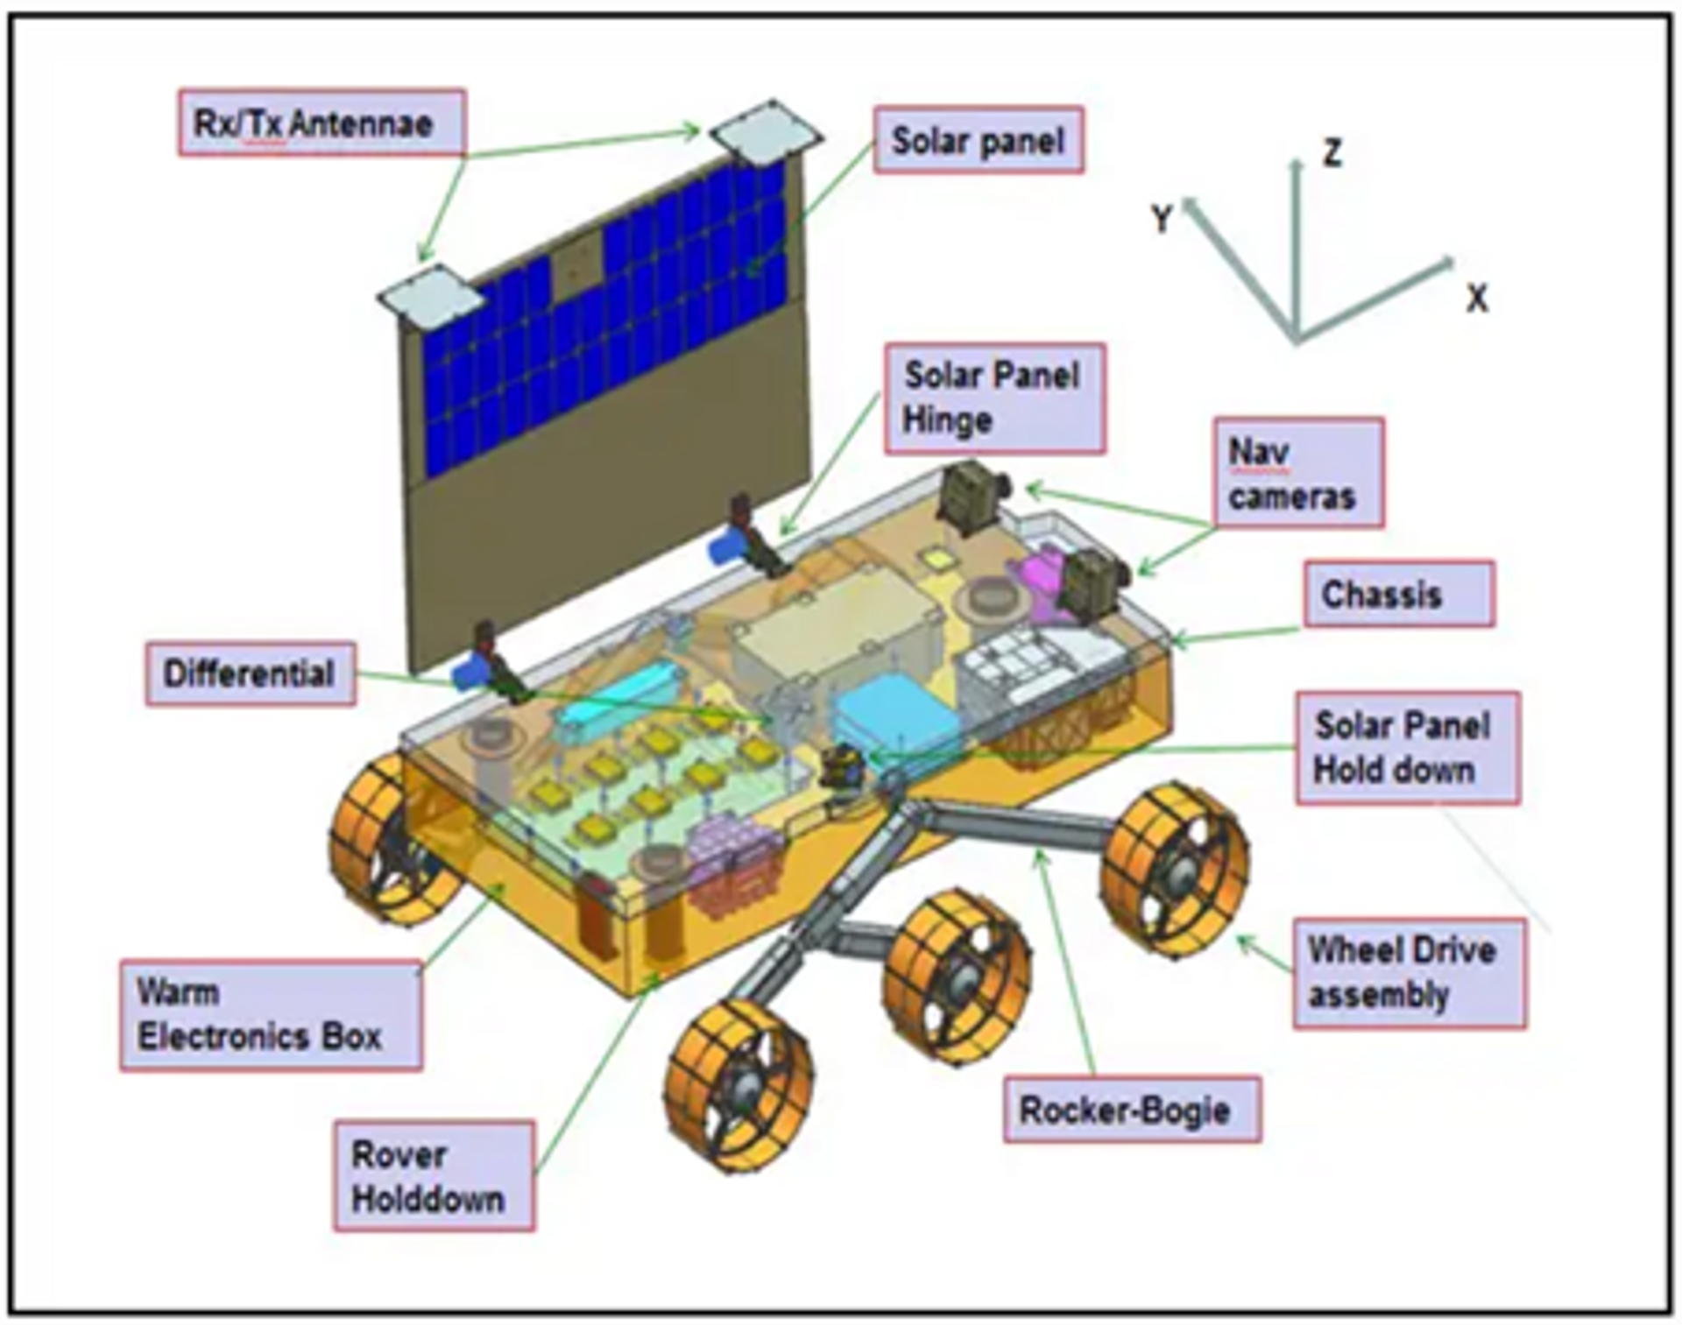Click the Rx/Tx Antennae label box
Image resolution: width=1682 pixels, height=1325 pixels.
[322, 123]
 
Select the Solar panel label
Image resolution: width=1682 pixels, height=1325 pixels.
[978, 140]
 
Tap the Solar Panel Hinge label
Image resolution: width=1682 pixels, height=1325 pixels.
[994, 398]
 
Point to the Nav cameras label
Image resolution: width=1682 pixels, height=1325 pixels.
[1298, 473]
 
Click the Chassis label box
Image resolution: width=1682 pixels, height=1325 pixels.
[1398, 595]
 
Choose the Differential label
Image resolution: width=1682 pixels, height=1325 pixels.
[251, 673]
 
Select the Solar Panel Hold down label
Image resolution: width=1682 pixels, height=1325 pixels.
[1407, 748]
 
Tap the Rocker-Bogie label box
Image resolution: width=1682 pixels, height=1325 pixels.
[1131, 1110]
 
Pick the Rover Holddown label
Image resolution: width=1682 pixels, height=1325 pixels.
[433, 1176]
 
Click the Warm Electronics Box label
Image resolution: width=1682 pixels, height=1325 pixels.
[271, 1015]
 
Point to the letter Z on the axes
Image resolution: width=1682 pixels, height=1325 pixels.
[1332, 153]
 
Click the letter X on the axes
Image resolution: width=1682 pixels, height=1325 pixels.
[1477, 300]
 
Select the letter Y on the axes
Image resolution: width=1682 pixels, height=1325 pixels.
[1162, 218]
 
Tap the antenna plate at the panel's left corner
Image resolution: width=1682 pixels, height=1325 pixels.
[431, 296]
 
